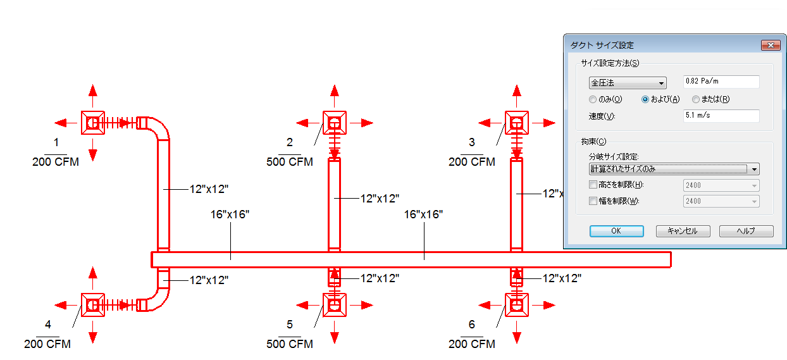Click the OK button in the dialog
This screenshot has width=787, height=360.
point(617,231)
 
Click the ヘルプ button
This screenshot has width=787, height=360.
point(747,231)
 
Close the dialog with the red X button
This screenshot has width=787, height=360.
point(771,46)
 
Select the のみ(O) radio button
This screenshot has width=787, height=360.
point(593,99)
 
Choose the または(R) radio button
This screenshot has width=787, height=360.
point(696,99)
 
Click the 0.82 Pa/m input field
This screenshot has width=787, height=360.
point(721,82)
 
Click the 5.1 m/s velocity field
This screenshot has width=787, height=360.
point(721,116)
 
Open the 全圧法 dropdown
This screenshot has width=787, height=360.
point(628,83)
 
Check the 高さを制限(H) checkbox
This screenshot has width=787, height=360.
point(593,184)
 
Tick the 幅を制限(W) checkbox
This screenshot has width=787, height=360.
point(593,201)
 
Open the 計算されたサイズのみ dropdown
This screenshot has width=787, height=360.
point(674,169)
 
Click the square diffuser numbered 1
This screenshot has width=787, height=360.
point(93,123)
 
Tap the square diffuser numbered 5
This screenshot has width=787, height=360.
point(335,305)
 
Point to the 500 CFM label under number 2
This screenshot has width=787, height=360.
point(290,162)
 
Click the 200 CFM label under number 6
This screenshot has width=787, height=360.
point(471,344)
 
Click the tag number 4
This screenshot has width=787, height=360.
point(48,324)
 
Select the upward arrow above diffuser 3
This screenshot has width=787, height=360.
point(516,96)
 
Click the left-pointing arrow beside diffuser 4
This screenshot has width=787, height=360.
point(66,305)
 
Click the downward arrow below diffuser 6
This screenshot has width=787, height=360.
point(516,332)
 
